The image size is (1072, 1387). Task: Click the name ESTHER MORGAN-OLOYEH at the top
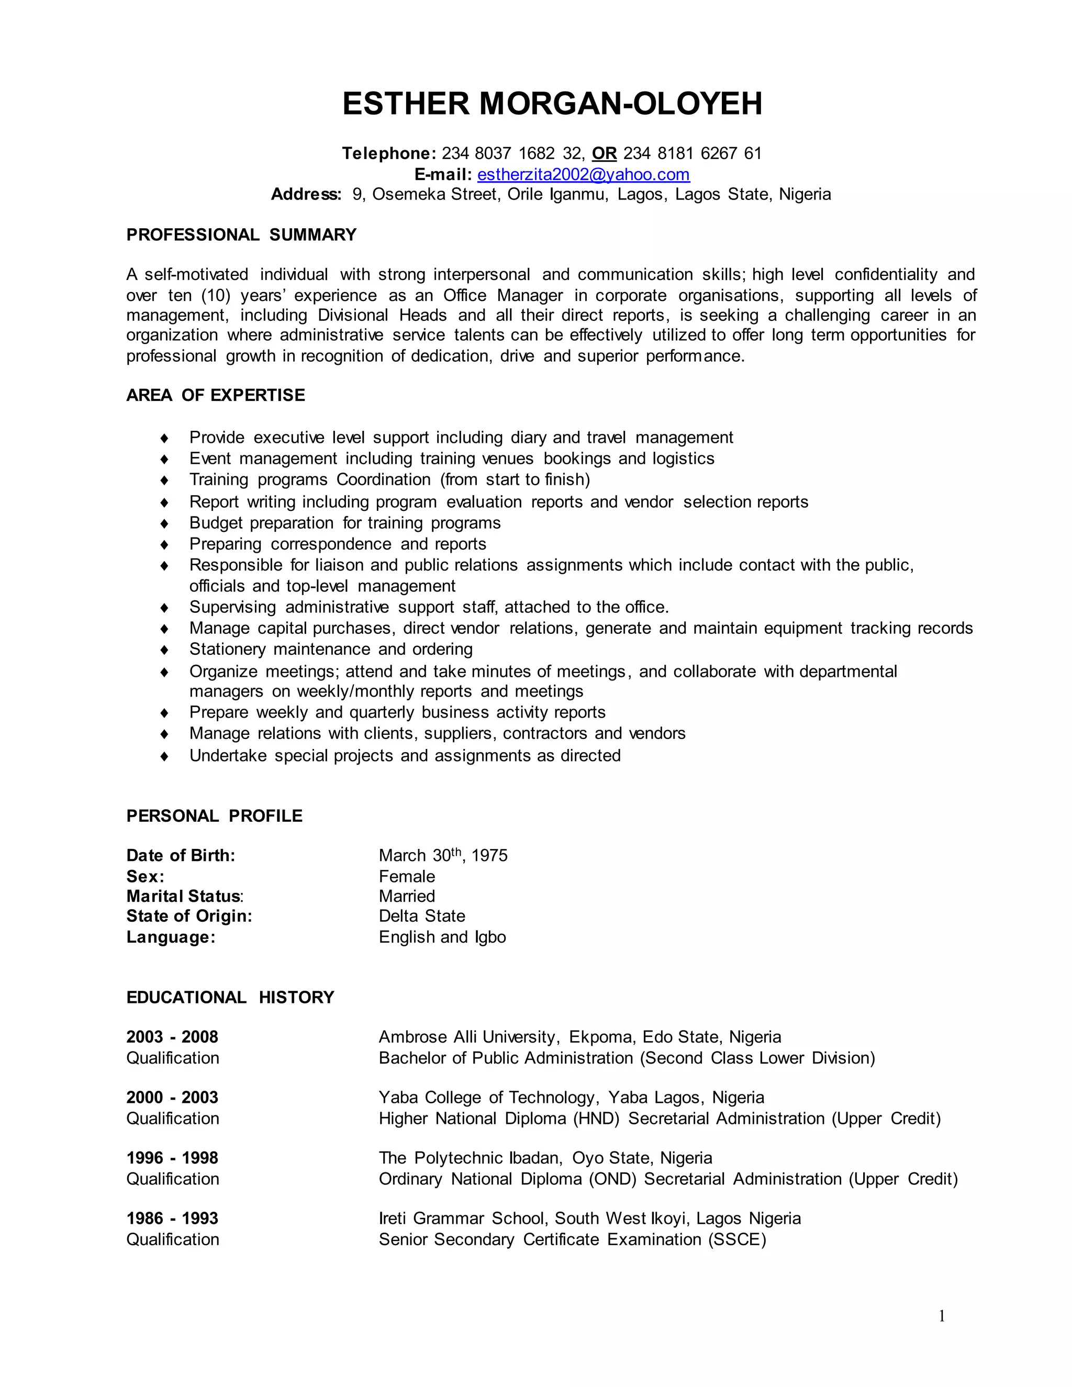tap(552, 104)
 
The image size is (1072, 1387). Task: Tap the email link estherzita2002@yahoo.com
tap(583, 175)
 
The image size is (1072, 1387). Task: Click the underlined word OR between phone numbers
tap(604, 154)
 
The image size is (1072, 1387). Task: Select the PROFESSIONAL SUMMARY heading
tap(241, 235)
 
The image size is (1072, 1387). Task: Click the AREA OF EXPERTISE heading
tap(215, 395)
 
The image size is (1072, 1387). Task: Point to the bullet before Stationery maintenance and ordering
tap(164, 650)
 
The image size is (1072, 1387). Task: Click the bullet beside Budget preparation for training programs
tap(164, 523)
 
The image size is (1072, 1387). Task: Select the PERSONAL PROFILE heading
tap(214, 816)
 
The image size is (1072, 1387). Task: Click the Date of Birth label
tap(181, 855)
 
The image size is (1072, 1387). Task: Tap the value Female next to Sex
tap(406, 876)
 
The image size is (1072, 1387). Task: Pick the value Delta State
tap(422, 916)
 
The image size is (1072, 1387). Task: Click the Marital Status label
tap(184, 896)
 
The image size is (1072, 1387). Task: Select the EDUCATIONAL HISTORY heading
tap(230, 997)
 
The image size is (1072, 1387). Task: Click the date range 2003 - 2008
tap(172, 1037)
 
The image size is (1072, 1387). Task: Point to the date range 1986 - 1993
tap(172, 1218)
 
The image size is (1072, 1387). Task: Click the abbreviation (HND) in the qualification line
tap(596, 1118)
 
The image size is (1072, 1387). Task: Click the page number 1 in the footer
tap(941, 1316)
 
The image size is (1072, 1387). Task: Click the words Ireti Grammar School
tap(464, 1218)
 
